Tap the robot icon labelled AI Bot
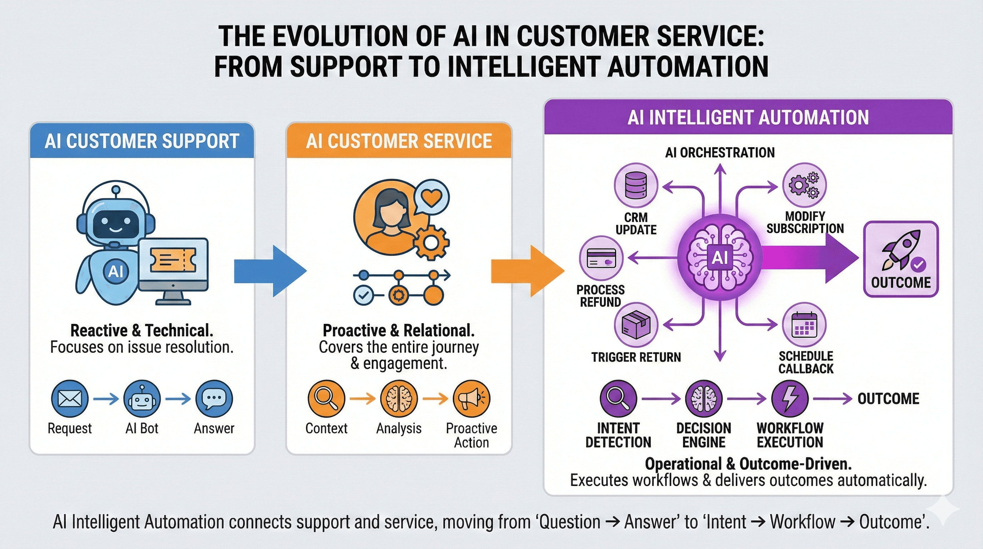[x=142, y=399]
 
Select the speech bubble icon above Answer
[x=214, y=399]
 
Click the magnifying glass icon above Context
[x=326, y=399]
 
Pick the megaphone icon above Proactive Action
[x=471, y=399]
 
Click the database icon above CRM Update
[x=636, y=185]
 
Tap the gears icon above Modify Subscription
[x=804, y=185]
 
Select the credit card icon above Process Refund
[x=601, y=258]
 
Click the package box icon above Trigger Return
[x=636, y=325]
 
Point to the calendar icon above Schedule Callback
[x=804, y=325]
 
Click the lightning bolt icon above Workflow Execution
[x=789, y=399]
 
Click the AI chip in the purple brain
[x=720, y=258]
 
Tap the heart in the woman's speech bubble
[x=431, y=198]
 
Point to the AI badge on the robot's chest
[x=116, y=271]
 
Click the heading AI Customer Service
[x=399, y=141]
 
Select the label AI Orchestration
[x=720, y=153]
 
